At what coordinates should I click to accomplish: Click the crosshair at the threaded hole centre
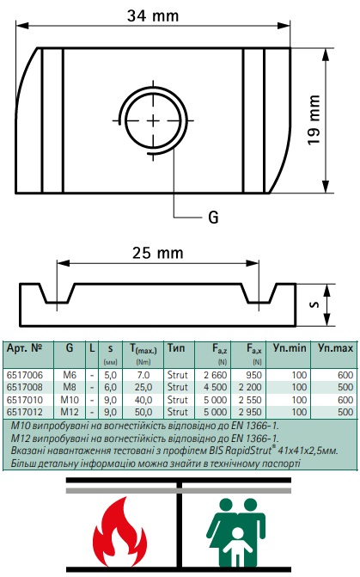click(x=153, y=120)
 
